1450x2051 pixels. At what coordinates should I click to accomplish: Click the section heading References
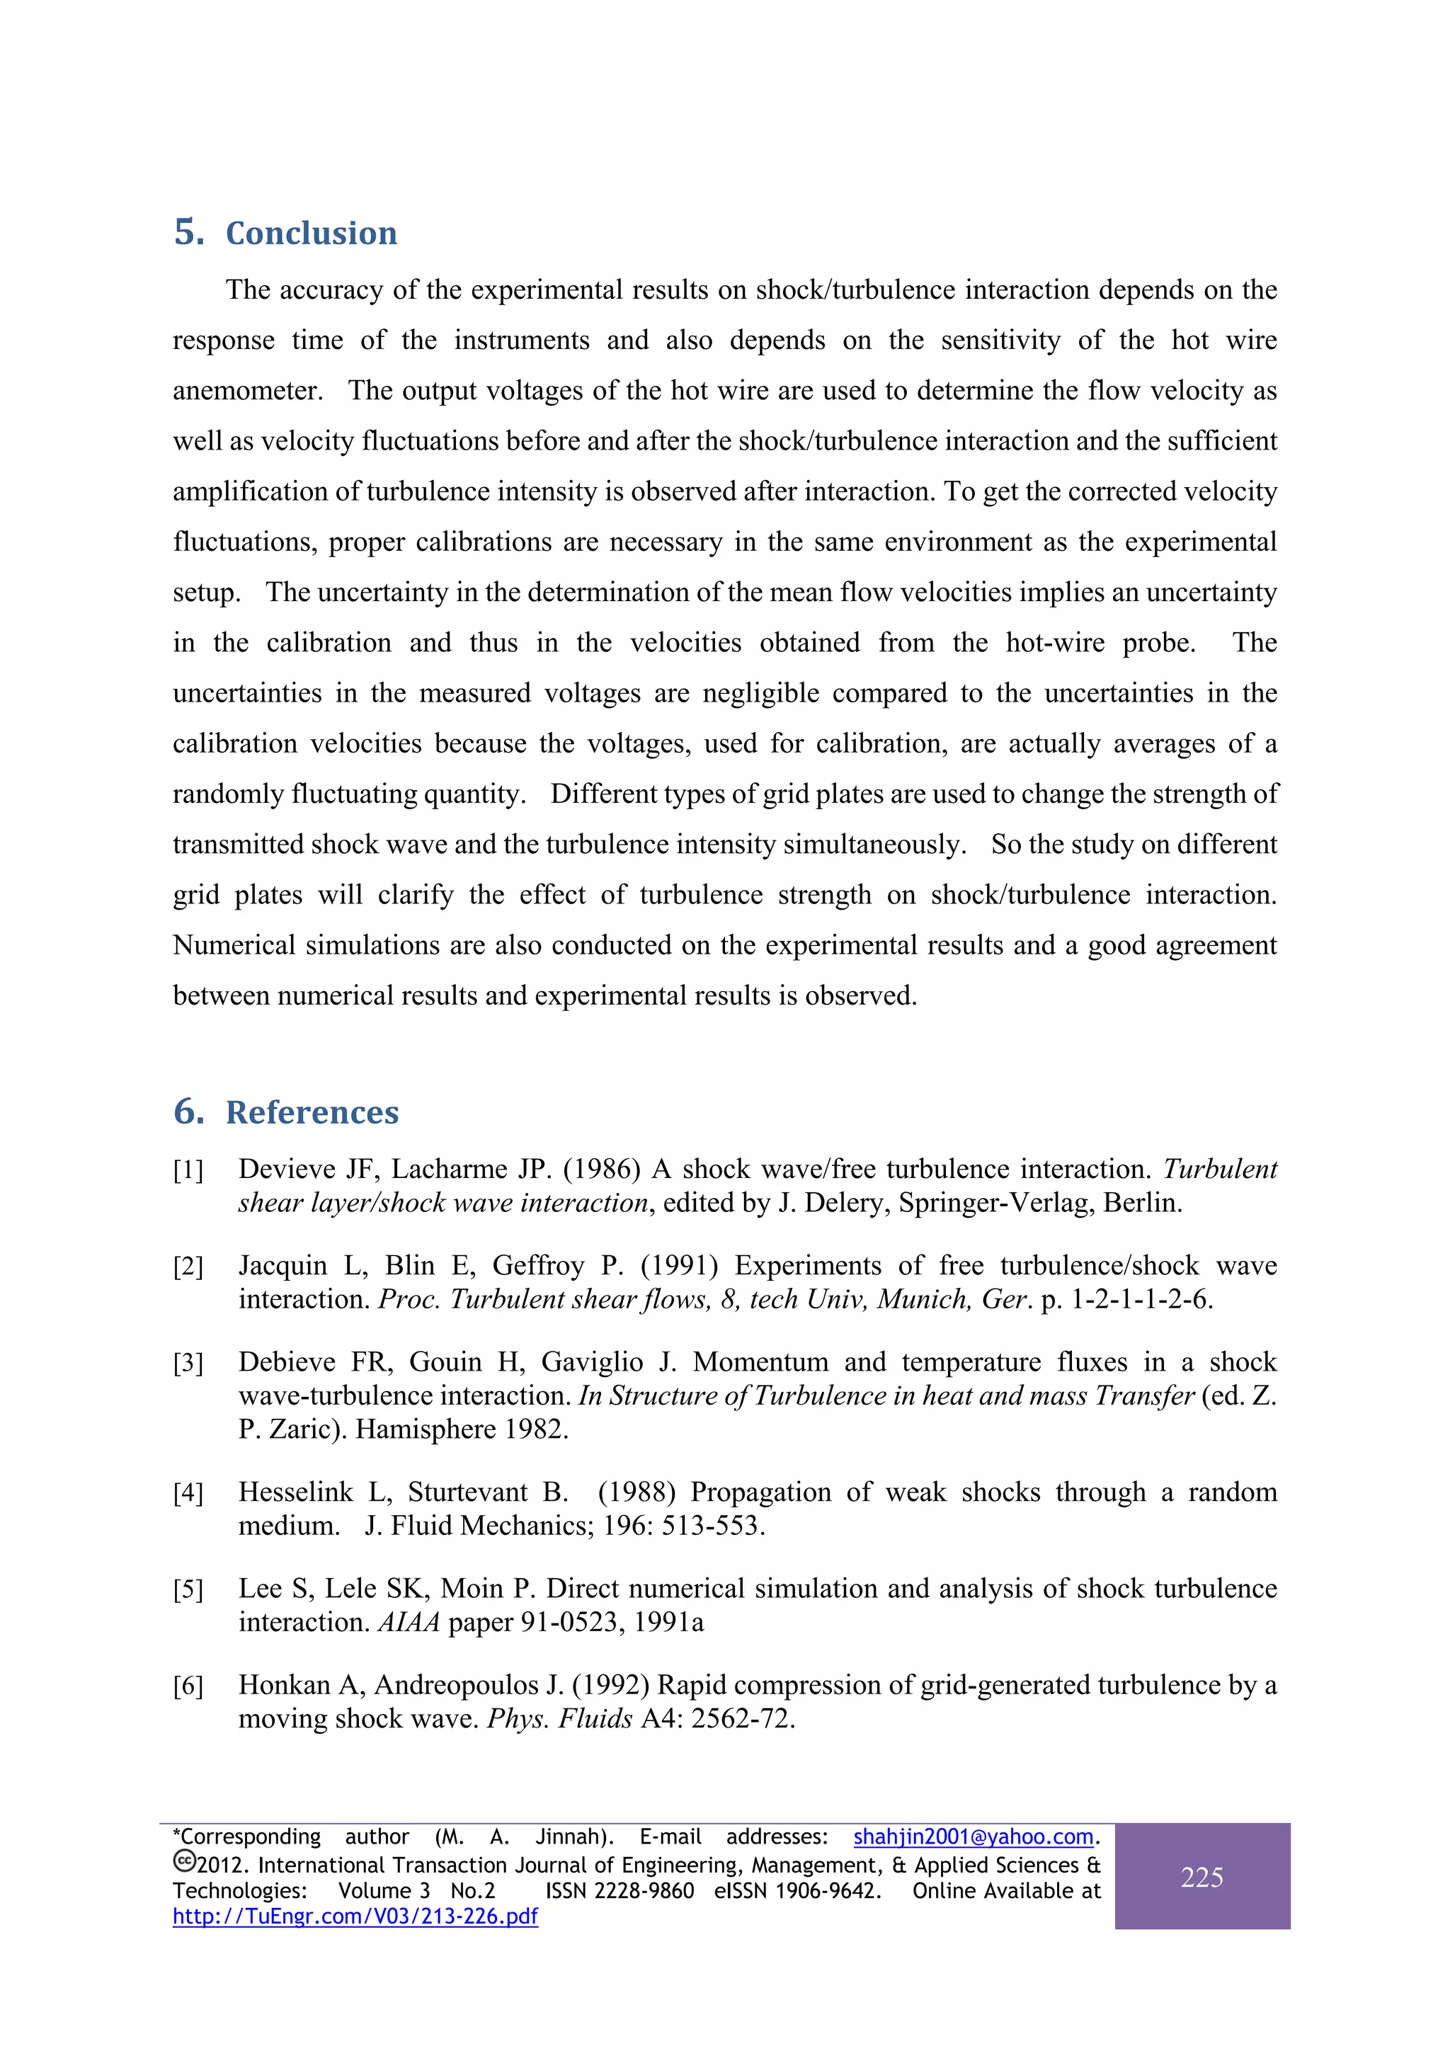tap(312, 1112)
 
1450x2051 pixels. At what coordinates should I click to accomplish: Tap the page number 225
tap(1201, 1877)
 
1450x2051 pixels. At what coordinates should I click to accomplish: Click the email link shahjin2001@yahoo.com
tap(973, 1836)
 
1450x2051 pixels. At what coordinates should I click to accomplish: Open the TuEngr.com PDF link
tap(355, 1916)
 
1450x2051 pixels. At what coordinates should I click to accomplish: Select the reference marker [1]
tap(188, 1170)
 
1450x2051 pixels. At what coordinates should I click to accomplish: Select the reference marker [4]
tap(188, 1494)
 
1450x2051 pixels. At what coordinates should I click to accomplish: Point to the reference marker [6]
tap(188, 1686)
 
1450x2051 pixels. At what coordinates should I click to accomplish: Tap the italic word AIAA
tap(409, 1622)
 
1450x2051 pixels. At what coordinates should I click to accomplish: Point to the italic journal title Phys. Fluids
tap(559, 1719)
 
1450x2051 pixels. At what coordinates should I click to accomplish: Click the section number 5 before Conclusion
tap(188, 232)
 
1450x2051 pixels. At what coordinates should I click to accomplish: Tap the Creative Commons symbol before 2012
tap(184, 1863)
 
